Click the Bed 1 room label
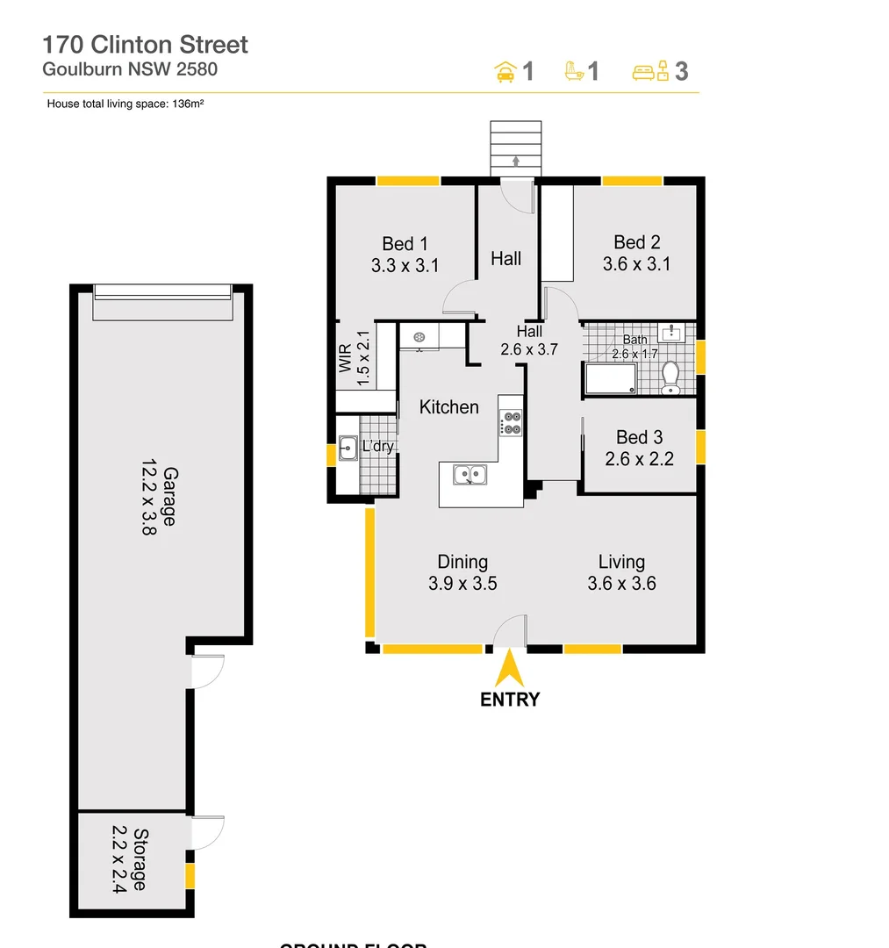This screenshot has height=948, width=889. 405,244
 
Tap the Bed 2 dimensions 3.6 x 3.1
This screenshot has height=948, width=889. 636,263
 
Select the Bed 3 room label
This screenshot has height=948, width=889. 639,437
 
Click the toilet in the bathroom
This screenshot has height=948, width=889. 671,377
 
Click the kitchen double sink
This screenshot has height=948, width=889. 471,475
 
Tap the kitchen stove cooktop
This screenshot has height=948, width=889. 511,423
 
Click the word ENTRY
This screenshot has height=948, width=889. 509,700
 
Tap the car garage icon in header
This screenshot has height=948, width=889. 505,71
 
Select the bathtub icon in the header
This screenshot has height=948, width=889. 574,71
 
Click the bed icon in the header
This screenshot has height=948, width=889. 650,71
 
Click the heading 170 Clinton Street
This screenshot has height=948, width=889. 146,45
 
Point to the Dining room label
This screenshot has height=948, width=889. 462,562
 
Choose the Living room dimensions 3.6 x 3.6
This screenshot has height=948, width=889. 621,583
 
